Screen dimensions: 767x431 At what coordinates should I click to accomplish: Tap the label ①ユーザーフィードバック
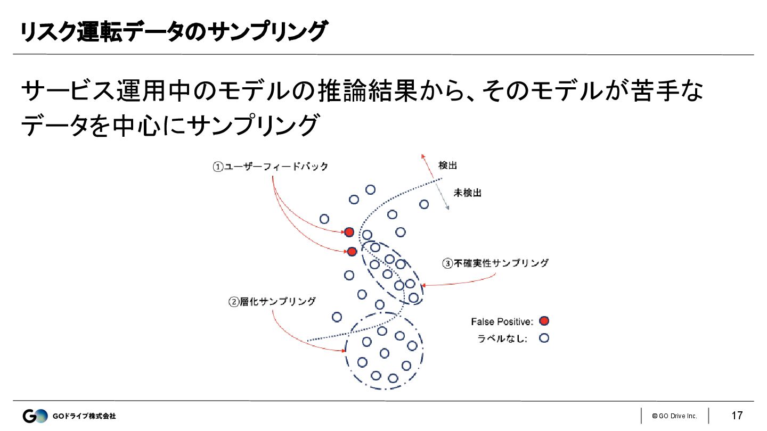[271, 167]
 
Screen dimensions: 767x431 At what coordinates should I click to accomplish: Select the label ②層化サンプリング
[272, 302]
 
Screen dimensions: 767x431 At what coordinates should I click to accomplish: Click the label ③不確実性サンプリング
[495, 263]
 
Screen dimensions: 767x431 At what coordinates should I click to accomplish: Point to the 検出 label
[447, 165]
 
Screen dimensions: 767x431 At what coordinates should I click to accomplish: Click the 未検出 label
[467, 193]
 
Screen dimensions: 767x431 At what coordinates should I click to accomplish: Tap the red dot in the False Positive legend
[544, 321]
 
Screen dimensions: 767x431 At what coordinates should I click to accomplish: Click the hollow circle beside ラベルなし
[544, 338]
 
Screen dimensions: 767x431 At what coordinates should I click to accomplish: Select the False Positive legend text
[502, 321]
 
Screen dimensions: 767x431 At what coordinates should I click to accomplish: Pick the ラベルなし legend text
[502, 338]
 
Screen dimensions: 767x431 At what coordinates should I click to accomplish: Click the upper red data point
[349, 232]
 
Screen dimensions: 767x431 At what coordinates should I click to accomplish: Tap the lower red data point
[352, 252]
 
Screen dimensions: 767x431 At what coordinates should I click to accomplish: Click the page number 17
[737, 416]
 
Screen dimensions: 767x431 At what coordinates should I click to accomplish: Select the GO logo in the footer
[35, 416]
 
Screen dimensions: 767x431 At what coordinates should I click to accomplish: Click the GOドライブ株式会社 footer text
[84, 416]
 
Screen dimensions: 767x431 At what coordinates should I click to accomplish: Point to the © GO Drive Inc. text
[674, 416]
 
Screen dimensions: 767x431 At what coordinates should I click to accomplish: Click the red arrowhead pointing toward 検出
[423, 156]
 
